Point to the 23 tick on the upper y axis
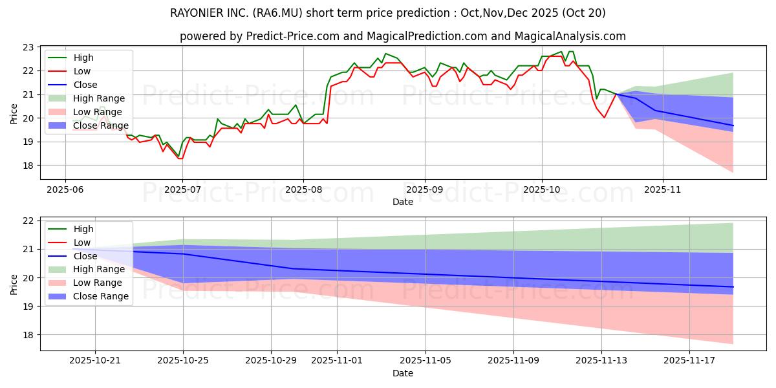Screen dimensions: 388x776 (28, 47)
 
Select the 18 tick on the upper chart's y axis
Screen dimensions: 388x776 (28, 166)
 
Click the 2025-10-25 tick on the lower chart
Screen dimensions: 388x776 (184, 360)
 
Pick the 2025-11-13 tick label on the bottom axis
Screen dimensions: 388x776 (601, 360)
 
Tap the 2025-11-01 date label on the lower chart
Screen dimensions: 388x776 (337, 360)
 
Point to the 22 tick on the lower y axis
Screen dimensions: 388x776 (28, 221)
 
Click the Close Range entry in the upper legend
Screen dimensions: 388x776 (101, 125)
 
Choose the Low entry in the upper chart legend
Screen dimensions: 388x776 (82, 71)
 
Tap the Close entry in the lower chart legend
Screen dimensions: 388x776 (85, 256)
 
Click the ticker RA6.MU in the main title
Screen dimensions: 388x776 (326, 13)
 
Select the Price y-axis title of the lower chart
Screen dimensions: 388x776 (14, 284)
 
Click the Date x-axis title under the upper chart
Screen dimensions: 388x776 (402, 202)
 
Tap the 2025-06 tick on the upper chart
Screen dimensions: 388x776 (65, 189)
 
